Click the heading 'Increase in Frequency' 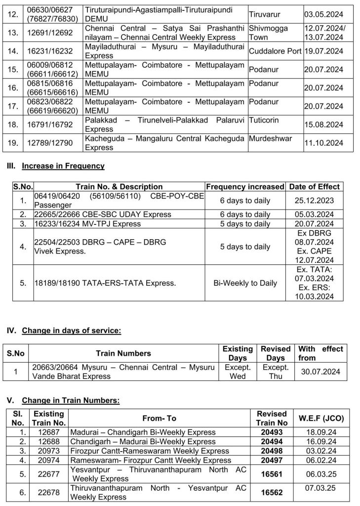coord(63,166)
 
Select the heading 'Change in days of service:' coord(71,331)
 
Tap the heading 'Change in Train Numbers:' coord(71,400)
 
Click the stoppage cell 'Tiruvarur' coord(264,14)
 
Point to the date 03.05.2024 coord(324,14)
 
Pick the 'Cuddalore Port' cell coord(275,51)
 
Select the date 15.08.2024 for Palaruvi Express coord(324,124)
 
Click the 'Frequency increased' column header coord(245,187)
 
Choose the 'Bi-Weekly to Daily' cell coord(245,283)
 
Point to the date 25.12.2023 coord(314,201)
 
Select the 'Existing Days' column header coord(238,353)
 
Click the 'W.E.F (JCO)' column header coord(321,418)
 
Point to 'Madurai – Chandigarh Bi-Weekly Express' coord(143,432)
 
